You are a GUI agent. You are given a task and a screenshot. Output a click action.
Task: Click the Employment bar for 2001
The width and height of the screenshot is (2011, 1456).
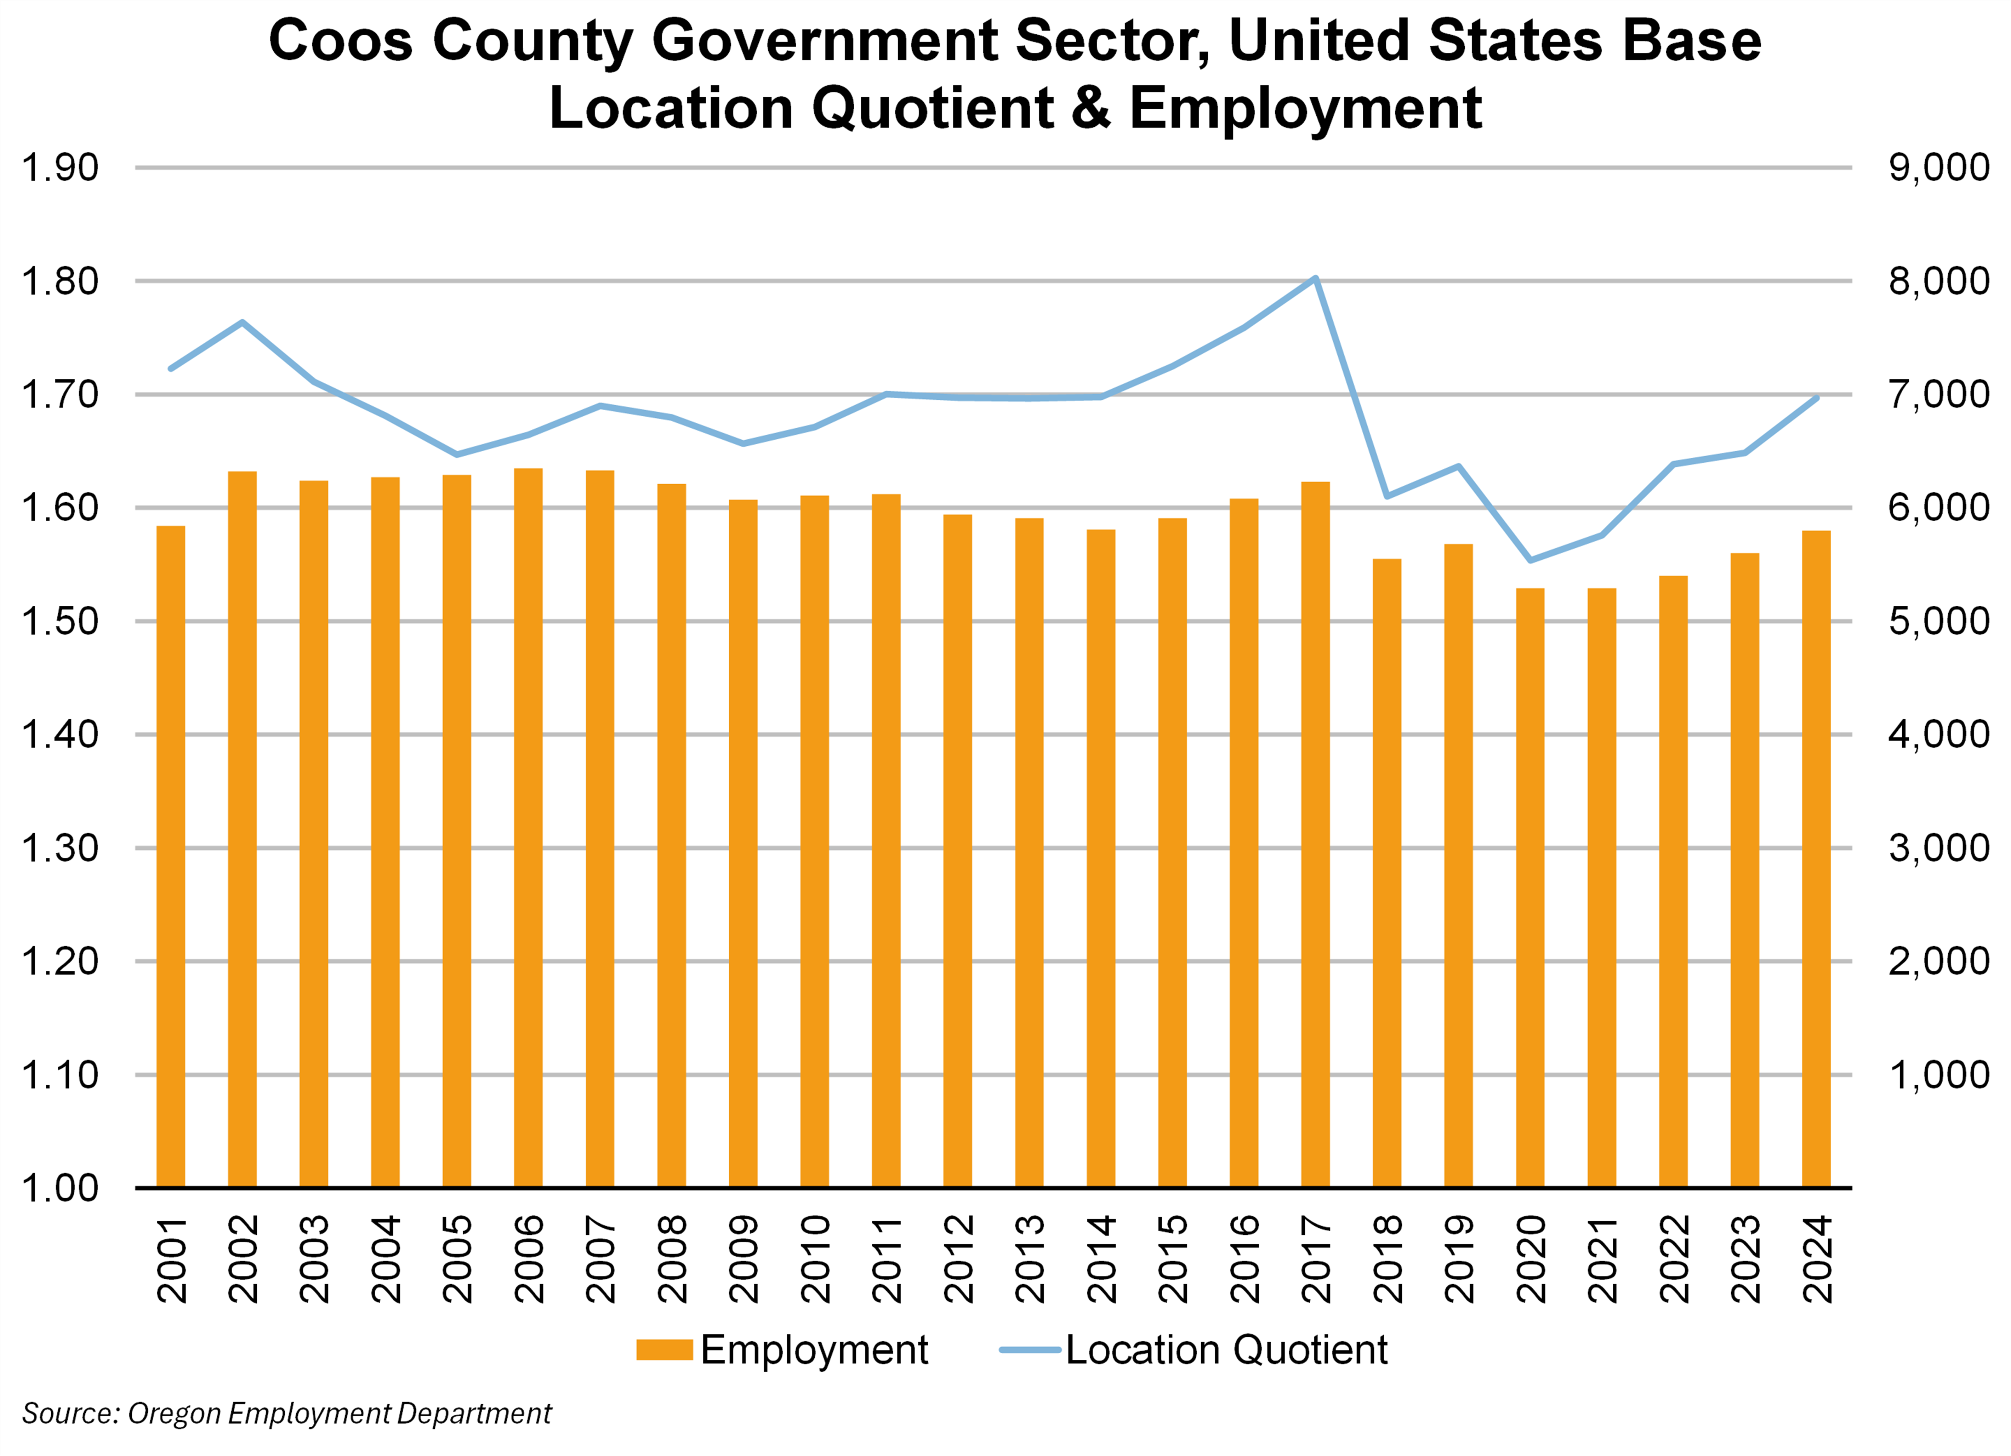[x=171, y=856]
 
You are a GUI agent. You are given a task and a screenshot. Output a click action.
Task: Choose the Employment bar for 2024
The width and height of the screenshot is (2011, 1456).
[x=1816, y=858]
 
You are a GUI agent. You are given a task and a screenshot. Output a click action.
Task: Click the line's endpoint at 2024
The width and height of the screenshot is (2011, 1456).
[x=1816, y=398]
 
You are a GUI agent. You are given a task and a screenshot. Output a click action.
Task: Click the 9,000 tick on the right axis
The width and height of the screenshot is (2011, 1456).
[x=1938, y=167]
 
